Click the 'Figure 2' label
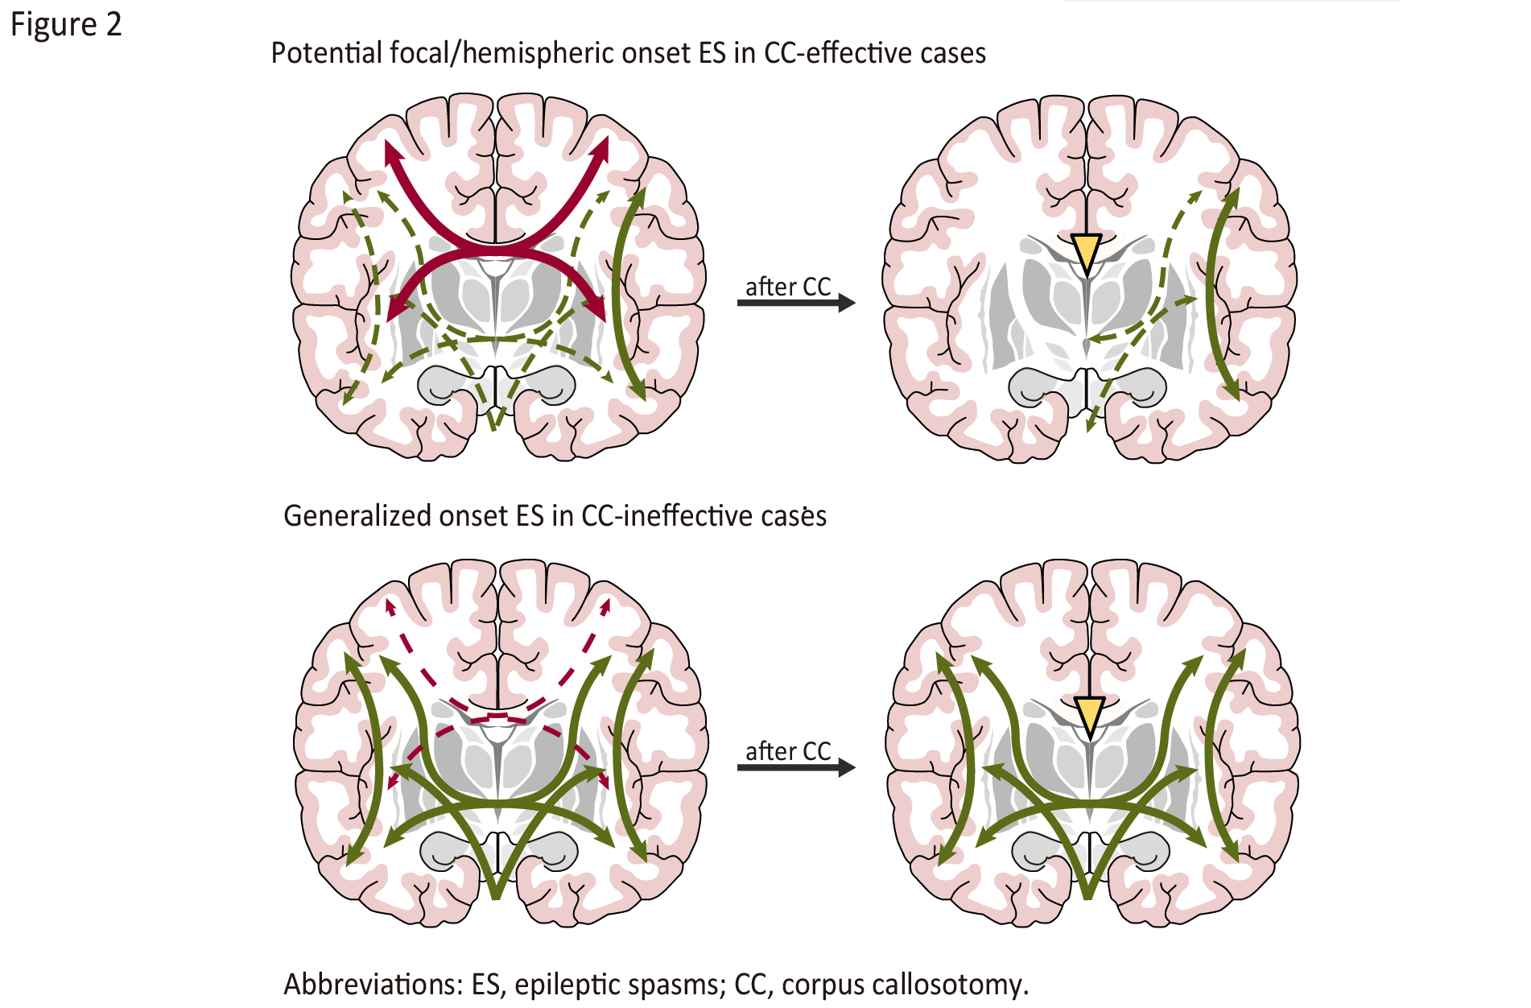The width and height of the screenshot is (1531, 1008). [x=65, y=25]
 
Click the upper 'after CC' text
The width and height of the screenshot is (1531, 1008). [x=787, y=287]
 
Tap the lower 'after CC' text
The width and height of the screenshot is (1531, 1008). [x=787, y=751]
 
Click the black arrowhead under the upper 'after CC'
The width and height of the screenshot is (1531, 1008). [x=846, y=303]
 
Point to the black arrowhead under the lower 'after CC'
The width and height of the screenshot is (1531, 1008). [x=846, y=767]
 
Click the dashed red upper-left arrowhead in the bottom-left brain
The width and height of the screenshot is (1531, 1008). [x=390, y=606]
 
